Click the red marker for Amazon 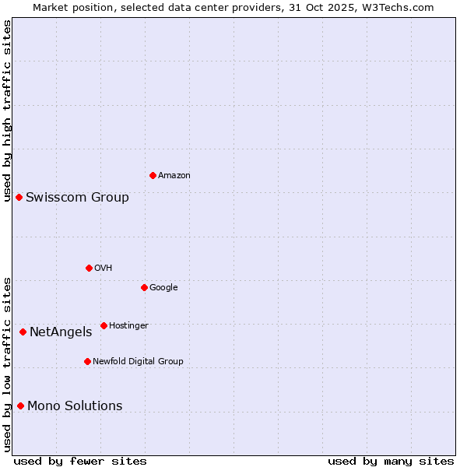tap(153, 175)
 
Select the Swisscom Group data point tap(19, 197)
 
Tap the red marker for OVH tap(89, 268)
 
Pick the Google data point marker tap(144, 287)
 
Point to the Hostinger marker tap(104, 325)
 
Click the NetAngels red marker tap(23, 332)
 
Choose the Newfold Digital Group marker tap(87, 361)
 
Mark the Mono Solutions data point tap(20, 406)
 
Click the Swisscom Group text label tap(77, 198)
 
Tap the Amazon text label tap(174, 176)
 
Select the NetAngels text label tap(61, 332)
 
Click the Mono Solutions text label tap(75, 406)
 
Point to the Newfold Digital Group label tap(138, 361)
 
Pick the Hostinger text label tap(128, 325)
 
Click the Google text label tap(163, 288)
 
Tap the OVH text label tap(104, 269)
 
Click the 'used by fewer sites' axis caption tap(79, 461)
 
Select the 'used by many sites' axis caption tap(391, 461)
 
